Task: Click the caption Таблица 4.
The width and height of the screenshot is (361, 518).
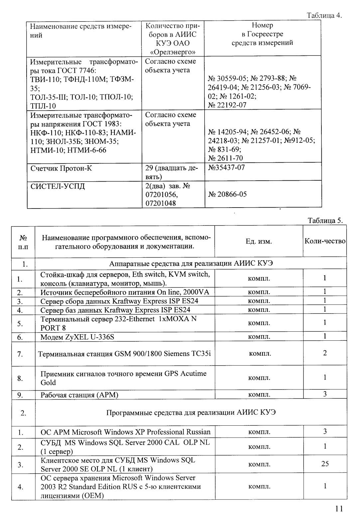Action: (324, 16)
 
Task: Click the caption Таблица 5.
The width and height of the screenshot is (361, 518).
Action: (325, 221)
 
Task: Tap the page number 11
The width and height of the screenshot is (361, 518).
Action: (339, 509)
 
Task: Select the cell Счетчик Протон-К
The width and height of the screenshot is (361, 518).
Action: (61, 168)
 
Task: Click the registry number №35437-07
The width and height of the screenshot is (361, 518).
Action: (226, 167)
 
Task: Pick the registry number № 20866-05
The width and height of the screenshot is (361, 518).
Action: (227, 194)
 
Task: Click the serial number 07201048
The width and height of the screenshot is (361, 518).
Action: (161, 203)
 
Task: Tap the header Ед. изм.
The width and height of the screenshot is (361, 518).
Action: (259, 241)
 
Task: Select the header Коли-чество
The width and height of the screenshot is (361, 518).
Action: (325, 241)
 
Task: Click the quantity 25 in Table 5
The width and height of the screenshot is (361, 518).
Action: (325, 464)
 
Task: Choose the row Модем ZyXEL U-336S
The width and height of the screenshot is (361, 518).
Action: (77, 337)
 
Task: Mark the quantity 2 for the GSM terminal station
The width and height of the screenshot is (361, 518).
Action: (325, 353)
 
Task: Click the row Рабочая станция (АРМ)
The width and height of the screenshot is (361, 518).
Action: (79, 395)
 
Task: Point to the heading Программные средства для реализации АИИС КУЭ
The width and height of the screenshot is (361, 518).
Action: (191, 413)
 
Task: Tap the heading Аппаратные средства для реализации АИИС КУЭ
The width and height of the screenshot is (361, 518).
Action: (191, 264)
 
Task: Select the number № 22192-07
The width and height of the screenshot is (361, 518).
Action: (227, 105)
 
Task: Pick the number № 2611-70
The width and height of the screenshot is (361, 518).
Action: (225, 158)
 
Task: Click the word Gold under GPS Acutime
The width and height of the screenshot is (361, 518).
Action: (48, 383)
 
